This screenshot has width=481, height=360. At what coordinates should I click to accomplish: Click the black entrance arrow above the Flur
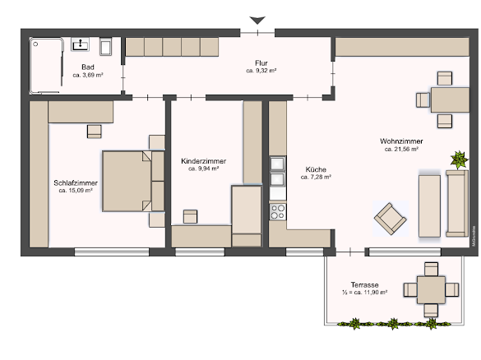pos(258,20)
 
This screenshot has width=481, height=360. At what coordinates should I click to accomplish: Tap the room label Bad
pos(87,67)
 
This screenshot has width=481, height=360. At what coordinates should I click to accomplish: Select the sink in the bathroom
pos(81,44)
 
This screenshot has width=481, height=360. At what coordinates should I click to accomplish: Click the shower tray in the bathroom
pos(48,66)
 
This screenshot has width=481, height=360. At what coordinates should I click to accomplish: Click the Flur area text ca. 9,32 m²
pos(261,72)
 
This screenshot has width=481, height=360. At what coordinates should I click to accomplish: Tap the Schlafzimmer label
pos(76,182)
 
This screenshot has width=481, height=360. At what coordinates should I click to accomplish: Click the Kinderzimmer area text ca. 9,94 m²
pos(203,168)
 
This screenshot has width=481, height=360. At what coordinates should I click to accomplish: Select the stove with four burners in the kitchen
pos(277,211)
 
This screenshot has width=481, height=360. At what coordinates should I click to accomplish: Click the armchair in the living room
pos(391,219)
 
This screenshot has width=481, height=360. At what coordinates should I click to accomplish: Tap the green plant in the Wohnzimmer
pos(456,158)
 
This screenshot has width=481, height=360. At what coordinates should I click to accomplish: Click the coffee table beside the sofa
pos(429,203)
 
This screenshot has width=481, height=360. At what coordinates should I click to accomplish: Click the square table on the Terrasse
pos(429,289)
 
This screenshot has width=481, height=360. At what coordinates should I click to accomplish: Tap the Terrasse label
pos(362,284)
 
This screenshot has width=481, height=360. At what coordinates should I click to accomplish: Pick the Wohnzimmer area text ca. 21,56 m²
pos(401,150)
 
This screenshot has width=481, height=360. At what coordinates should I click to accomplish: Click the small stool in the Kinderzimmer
pos(190,216)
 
